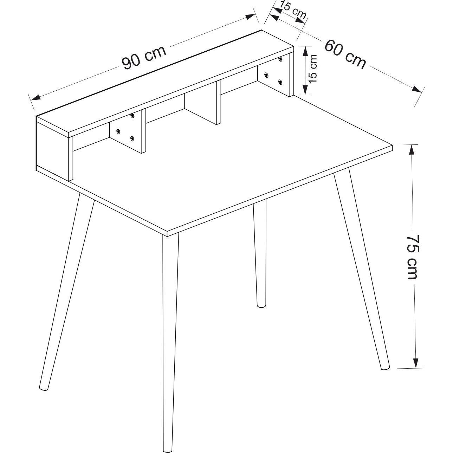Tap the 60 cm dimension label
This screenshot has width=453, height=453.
(x=345, y=54)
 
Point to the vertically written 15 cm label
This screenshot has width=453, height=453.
(x=312, y=69)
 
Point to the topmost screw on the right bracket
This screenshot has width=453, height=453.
(x=280, y=59)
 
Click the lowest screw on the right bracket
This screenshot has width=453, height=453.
(x=280, y=82)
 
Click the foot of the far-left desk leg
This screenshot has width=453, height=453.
(x=43, y=387)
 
